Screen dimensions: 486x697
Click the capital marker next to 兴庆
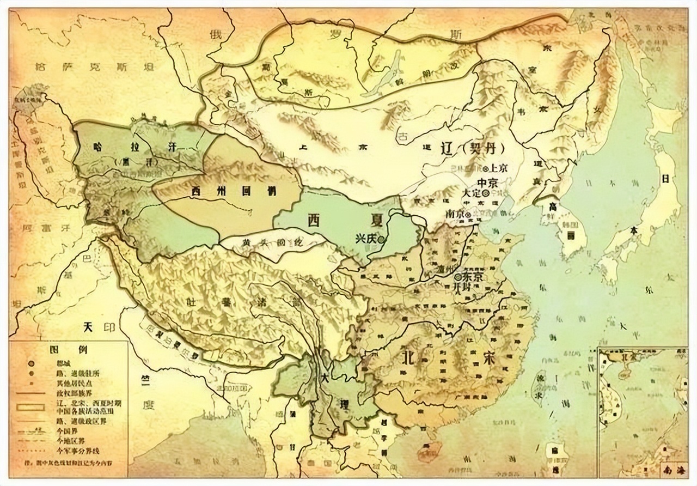pos(383,239)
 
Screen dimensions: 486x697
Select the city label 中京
pos(488,181)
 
